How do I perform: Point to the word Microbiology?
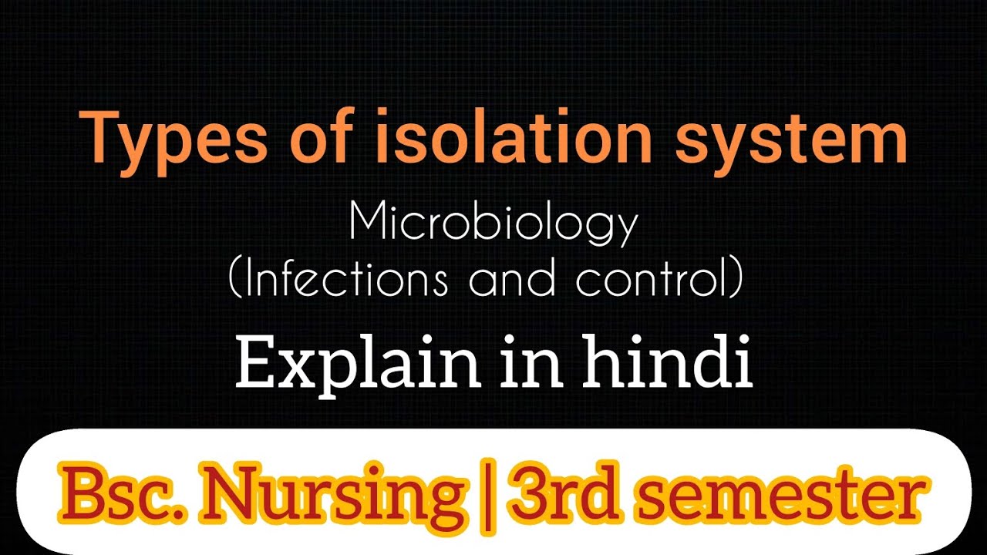493,224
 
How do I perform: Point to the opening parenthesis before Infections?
235,279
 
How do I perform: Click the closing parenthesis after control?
737,279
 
